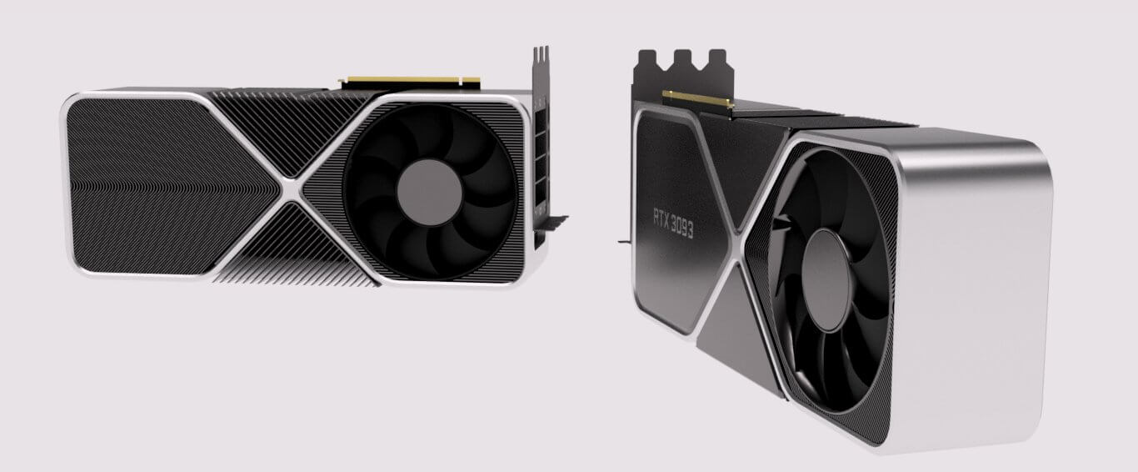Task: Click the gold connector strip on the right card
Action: pos(696,101)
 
